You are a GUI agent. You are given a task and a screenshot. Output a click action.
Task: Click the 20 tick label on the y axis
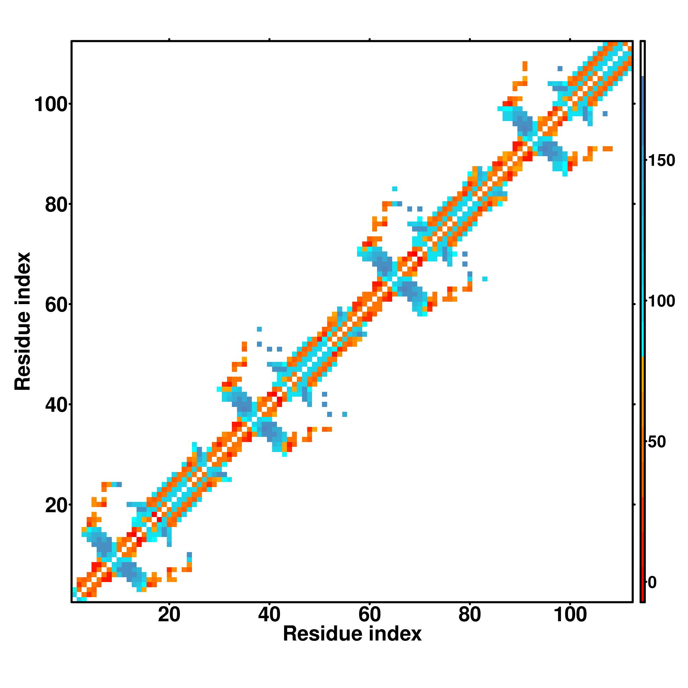pyautogui.click(x=56, y=506)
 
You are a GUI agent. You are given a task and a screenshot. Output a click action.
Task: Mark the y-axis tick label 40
pyautogui.click(x=56, y=406)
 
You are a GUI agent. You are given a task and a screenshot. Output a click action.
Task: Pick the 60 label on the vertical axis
pyautogui.click(x=56, y=305)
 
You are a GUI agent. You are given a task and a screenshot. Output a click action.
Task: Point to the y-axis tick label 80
pyautogui.click(x=56, y=205)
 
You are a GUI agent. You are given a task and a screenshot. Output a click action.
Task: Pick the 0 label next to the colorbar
pyautogui.click(x=652, y=583)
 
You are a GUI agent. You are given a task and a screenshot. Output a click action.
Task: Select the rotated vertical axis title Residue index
pyautogui.click(x=23, y=321)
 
